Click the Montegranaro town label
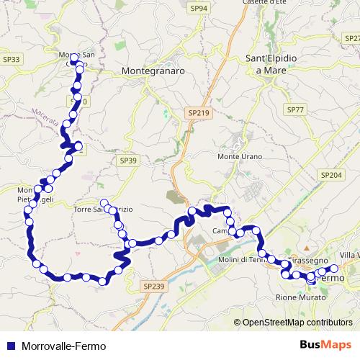pos(154,72)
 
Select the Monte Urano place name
pos(240,156)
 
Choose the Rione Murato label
pos(300,297)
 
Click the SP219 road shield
pos(197,113)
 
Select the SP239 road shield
pos(154,286)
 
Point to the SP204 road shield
pos(331,174)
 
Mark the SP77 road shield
pos(295,109)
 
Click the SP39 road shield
pos(128,161)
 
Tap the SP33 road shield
pos(11,60)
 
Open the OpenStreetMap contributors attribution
pos(299,322)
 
